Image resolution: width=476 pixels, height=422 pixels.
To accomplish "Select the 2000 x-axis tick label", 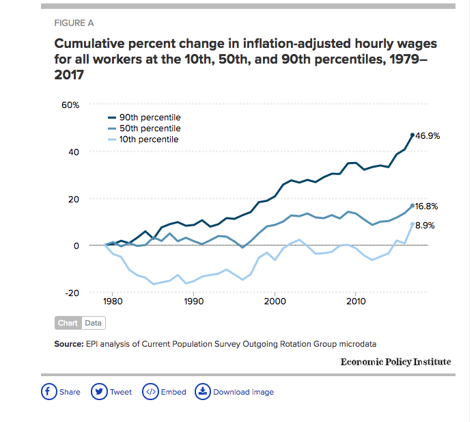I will point(275,301).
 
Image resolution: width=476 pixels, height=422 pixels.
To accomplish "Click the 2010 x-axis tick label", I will point(355,301).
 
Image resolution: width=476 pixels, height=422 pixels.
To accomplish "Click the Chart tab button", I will point(68,323).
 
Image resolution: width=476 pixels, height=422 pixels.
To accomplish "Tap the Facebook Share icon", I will point(48,392).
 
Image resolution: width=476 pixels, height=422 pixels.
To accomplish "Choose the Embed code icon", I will point(150,392).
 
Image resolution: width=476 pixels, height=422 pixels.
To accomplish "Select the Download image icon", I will point(202,392).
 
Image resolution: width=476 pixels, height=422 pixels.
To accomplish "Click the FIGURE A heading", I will point(74,23).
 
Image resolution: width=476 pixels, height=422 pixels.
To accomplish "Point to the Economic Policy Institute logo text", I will point(395,362).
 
